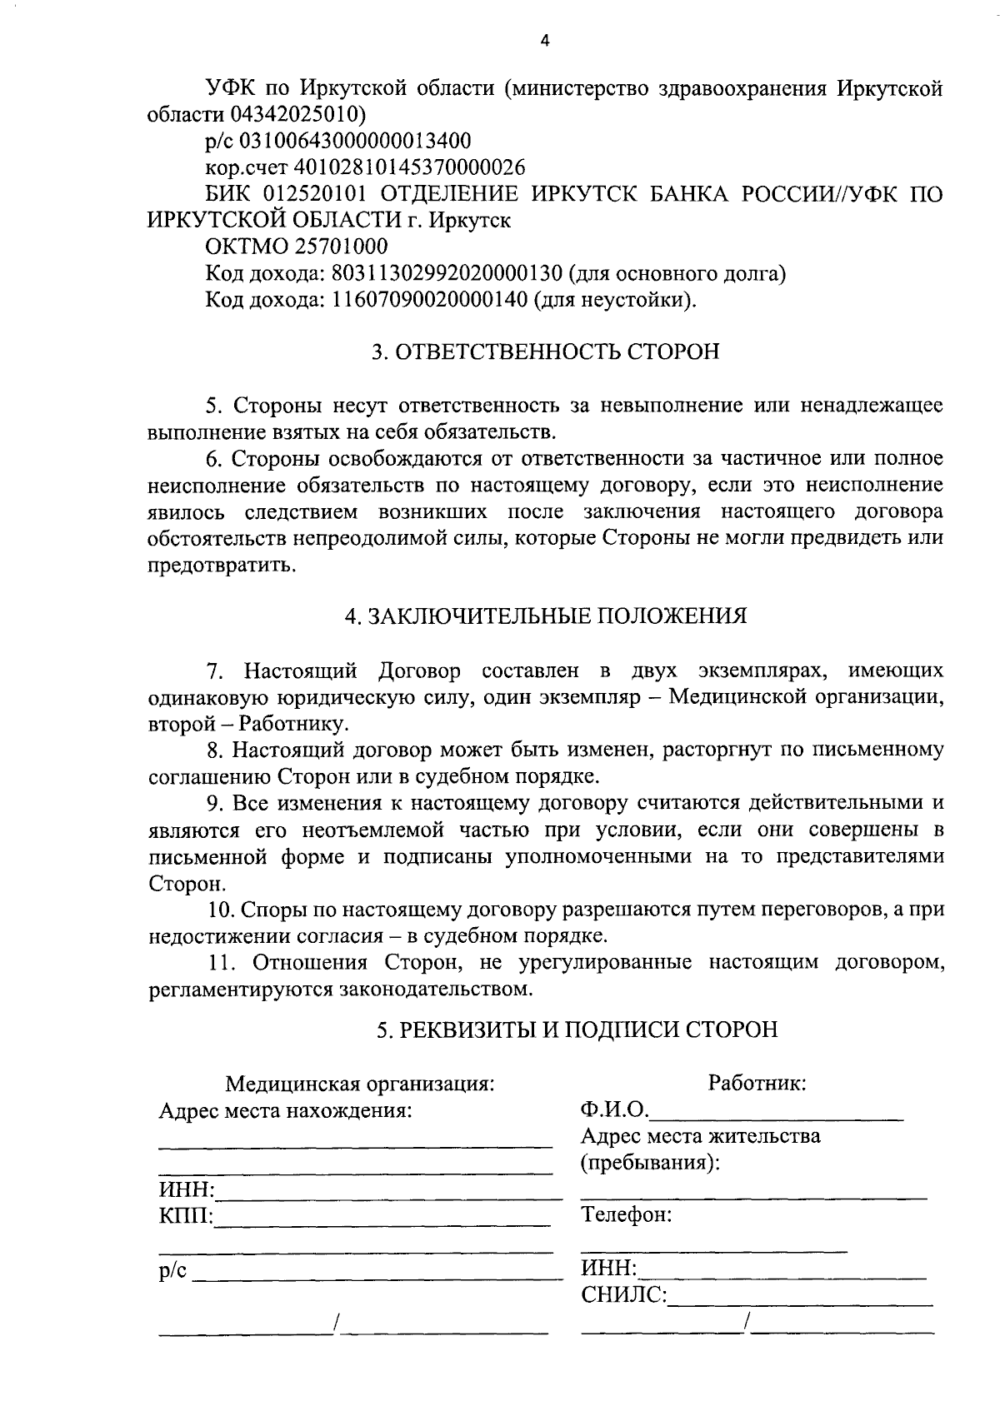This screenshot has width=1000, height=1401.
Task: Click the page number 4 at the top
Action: pos(545,41)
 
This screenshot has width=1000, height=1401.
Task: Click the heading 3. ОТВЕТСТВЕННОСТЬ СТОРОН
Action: pos(545,352)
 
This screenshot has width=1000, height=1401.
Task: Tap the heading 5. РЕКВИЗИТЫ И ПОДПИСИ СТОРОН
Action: pos(577,1030)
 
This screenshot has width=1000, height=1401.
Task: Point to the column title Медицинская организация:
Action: pos(360,1084)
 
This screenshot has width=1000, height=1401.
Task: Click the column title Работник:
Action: pos(756,1083)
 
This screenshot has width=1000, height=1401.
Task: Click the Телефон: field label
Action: pos(627,1214)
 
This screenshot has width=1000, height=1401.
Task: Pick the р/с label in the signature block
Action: pos(174,1272)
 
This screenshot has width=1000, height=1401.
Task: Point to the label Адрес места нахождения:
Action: pos(285,1111)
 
